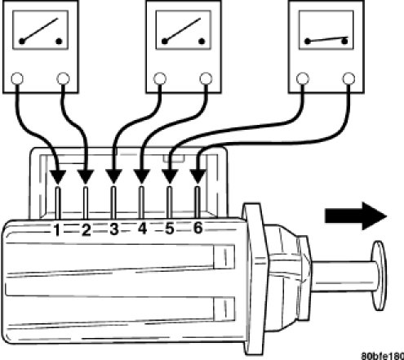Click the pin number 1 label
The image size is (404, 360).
[56, 230]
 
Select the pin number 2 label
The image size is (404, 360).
[86, 230]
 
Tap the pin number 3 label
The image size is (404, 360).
[114, 229]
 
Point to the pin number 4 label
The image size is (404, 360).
[142, 229]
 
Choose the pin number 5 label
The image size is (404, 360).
[169, 228]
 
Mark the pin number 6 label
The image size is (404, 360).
[198, 228]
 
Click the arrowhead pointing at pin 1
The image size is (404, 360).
[58, 177]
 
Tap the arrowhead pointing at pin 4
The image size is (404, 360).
[141, 176]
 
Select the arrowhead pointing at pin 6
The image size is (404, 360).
[198, 176]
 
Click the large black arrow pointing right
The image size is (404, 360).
[356, 216]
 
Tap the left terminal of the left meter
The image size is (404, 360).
[17, 79]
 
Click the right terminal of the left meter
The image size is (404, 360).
[63, 78]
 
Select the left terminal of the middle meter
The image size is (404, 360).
[160, 78]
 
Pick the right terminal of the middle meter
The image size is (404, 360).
[206, 78]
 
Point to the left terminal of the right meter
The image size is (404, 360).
[303, 78]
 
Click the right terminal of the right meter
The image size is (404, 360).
[349, 78]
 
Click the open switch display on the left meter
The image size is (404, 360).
[40, 30]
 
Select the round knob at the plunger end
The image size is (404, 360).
[379, 275]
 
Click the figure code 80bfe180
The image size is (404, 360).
[382, 356]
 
